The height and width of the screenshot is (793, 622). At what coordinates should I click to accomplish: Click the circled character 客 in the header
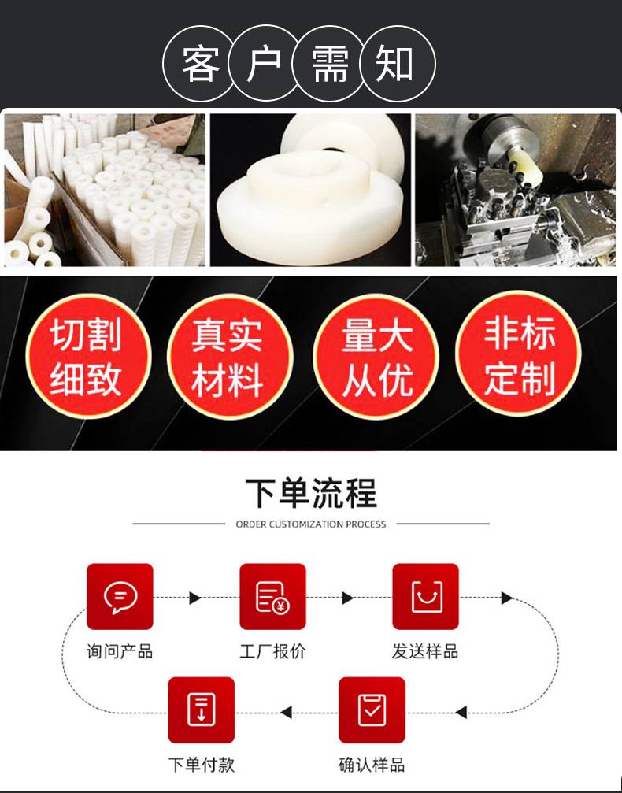pos(201,64)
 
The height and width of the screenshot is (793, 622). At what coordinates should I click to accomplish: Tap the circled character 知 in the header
pos(395,64)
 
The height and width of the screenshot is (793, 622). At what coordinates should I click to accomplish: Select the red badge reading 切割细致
pos(88,356)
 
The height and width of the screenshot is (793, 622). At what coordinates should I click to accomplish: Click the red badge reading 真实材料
pos(230,356)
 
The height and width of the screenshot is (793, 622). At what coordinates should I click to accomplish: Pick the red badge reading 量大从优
pos(376,356)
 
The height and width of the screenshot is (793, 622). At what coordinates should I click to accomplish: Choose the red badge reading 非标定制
pos(518,354)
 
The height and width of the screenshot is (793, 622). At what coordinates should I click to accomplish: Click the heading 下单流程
pos(311,493)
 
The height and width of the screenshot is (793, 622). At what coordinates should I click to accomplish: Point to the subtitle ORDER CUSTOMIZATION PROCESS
pos(311,524)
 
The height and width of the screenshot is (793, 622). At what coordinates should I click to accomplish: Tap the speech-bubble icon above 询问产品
pos(120,597)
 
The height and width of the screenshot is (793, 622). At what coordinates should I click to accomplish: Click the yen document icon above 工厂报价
pos(272,597)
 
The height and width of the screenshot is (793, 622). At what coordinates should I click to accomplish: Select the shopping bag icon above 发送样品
pos(426,597)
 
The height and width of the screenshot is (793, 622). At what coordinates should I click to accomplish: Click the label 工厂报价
pos(272,651)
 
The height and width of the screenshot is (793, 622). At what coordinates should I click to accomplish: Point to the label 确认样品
pos(372,765)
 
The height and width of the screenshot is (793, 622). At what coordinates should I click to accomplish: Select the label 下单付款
pos(202,765)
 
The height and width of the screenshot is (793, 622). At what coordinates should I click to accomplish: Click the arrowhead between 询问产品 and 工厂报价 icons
pos(195,598)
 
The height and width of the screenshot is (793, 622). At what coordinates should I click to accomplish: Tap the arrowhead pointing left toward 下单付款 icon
pos(287,712)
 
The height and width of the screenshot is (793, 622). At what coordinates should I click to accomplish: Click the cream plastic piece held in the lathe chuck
pos(525,165)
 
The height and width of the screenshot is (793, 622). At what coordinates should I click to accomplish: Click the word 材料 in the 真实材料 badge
pos(228,380)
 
